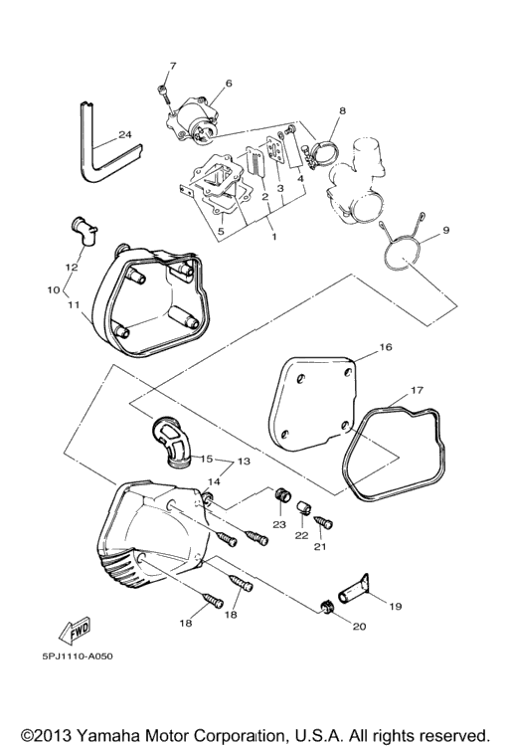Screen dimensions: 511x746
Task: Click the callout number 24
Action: pyautogui.click(x=125, y=134)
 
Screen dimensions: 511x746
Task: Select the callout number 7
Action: pyautogui.click(x=173, y=66)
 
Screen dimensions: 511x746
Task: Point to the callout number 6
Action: pyautogui.click(x=229, y=84)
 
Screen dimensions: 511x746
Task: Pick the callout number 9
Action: pyautogui.click(x=445, y=231)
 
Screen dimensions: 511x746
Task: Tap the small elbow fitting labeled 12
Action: pyautogui.click(x=83, y=231)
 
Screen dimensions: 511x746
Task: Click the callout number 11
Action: pyautogui.click(x=73, y=303)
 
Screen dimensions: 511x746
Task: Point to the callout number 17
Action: pyautogui.click(x=417, y=390)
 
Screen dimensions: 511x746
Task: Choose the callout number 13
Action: pyautogui.click(x=244, y=461)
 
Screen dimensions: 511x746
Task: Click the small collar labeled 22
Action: pyautogui.click(x=304, y=508)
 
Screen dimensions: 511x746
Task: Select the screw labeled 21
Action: pyautogui.click(x=324, y=522)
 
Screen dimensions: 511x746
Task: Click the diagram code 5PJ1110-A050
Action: pyautogui.click(x=78, y=656)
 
